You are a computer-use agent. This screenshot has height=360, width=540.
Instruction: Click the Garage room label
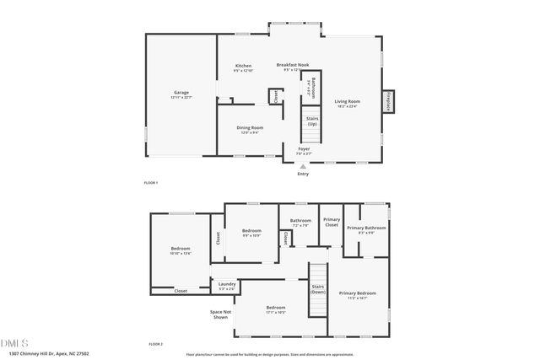tap(181, 93)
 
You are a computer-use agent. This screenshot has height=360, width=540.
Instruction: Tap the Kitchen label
tap(243, 67)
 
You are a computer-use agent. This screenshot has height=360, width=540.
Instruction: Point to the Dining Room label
tap(250, 128)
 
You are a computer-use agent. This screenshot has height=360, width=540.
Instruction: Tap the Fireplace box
tap(388, 101)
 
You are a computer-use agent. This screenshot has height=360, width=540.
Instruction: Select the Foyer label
tap(304, 149)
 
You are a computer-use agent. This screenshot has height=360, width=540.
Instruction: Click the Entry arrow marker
tap(303, 166)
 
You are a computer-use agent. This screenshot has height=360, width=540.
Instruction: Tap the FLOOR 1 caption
tap(151, 183)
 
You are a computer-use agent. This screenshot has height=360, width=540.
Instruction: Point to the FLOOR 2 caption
tap(154, 344)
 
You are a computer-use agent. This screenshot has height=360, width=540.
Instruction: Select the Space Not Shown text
tap(221, 314)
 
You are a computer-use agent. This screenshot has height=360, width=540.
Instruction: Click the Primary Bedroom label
tap(358, 293)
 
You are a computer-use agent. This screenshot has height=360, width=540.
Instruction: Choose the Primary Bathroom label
tap(366, 228)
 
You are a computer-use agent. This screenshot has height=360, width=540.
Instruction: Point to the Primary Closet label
tap(332, 223)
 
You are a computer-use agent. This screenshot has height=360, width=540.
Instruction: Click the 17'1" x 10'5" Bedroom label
tap(276, 309)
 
